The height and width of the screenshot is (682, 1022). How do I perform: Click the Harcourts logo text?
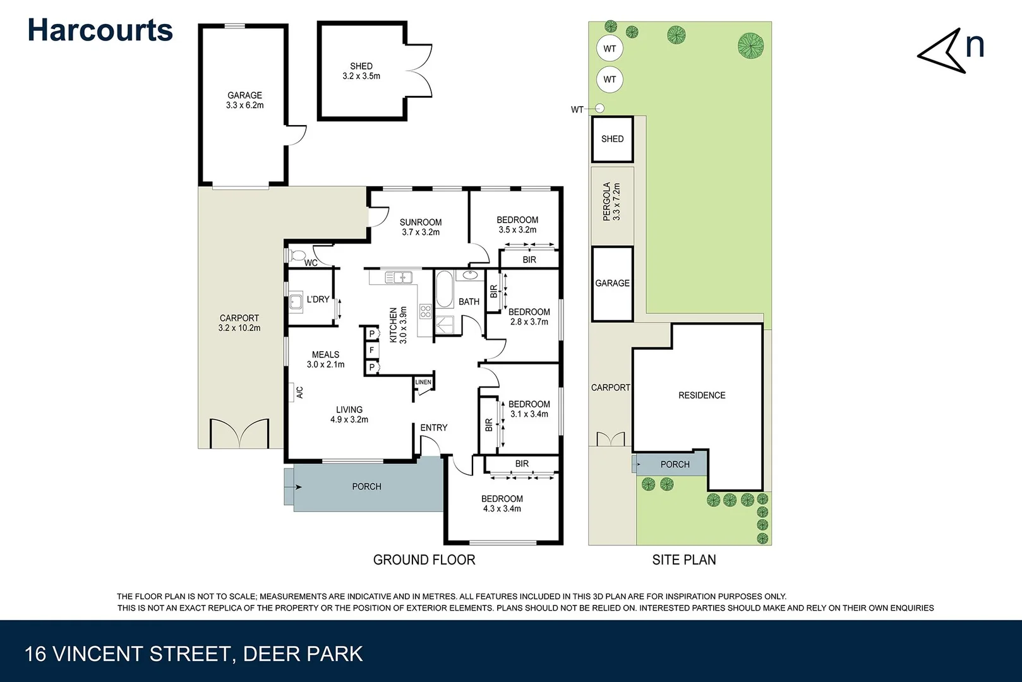[x=100, y=30]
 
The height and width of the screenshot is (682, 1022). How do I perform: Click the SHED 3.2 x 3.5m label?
[x=361, y=71]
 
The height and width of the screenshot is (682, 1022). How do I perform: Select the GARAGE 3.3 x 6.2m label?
[x=244, y=100]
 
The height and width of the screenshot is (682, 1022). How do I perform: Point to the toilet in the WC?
[x=296, y=256]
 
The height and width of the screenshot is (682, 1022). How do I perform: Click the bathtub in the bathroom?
[x=443, y=289]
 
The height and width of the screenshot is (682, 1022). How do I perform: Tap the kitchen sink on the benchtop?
[x=399, y=277]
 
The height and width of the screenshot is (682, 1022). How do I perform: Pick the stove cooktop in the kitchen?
[x=425, y=311]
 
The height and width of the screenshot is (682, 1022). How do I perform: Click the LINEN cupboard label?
[x=423, y=382]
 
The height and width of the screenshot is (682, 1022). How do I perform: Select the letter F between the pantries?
[x=371, y=350]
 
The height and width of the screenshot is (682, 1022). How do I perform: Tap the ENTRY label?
[x=433, y=428]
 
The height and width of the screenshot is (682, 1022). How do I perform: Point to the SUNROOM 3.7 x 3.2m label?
[x=420, y=227]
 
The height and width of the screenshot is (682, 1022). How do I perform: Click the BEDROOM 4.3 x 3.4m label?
[x=502, y=503]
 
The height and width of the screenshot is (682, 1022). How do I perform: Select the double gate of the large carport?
[x=239, y=433]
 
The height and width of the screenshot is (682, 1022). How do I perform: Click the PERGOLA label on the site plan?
[x=611, y=201]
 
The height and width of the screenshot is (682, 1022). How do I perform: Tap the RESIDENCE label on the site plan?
[x=702, y=395]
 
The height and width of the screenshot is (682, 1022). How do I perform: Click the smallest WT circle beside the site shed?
[x=599, y=109]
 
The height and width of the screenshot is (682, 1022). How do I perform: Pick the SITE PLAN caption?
[x=683, y=559]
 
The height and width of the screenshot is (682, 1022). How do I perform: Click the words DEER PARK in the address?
[x=303, y=654]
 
